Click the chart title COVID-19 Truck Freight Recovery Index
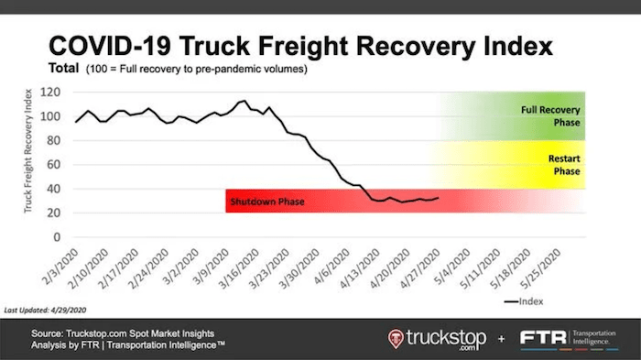(x=302, y=48)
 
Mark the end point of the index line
(x=438, y=197)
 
